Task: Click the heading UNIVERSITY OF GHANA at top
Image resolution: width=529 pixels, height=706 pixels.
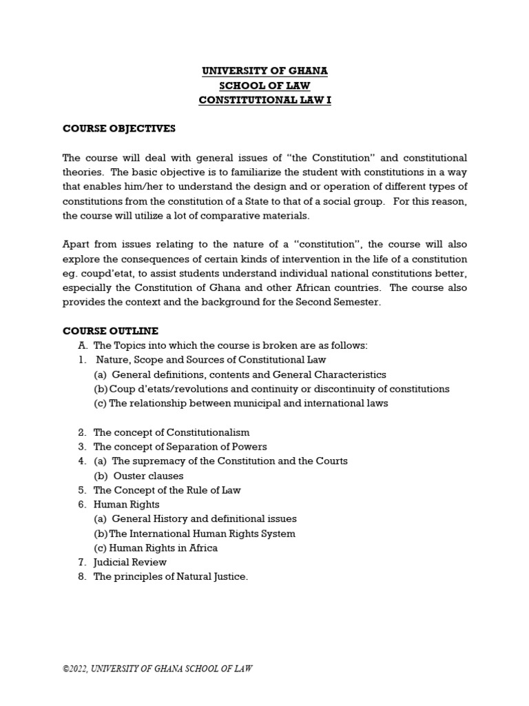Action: pyautogui.click(x=264, y=71)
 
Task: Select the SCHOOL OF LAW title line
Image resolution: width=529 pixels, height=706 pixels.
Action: pyautogui.click(x=264, y=85)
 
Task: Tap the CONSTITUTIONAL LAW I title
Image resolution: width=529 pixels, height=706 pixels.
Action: pyautogui.click(x=264, y=100)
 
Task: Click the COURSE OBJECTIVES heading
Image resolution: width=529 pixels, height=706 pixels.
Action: pyautogui.click(x=119, y=129)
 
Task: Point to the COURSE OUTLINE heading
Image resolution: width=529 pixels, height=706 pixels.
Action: pyautogui.click(x=111, y=331)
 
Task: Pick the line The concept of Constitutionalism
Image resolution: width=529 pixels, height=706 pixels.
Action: pyautogui.click(x=172, y=432)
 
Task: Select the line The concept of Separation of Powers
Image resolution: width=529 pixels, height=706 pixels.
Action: pyautogui.click(x=180, y=447)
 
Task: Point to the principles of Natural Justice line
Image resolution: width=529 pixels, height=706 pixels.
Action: pyautogui.click(x=170, y=576)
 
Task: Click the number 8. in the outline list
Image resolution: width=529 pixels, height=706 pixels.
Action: pyautogui.click(x=81, y=576)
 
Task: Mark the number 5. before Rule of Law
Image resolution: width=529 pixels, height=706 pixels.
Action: pyautogui.click(x=81, y=490)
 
